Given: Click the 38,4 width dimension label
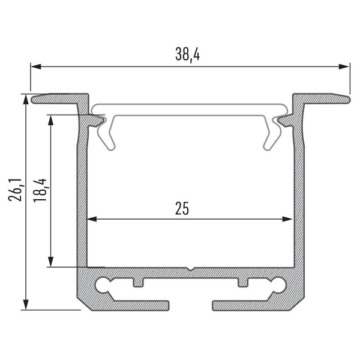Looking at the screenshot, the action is pos(188,55).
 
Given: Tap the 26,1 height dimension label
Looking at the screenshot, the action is pos(15,190).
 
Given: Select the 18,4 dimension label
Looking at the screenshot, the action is pos(40,190).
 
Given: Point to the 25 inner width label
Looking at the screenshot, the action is pos(182,208).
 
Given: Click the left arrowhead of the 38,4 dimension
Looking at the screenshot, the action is pos(36,67).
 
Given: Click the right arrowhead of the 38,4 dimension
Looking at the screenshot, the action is pos(344,67).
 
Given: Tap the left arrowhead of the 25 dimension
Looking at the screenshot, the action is pos(92,219).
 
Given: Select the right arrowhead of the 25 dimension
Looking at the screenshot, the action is pos(287,219).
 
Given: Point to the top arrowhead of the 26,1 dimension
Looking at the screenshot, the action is pos(26,99).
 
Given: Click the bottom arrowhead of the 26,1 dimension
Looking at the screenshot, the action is pos(26,304).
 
